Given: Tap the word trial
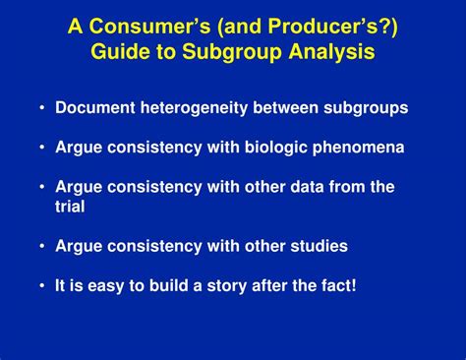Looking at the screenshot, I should [x=71, y=206].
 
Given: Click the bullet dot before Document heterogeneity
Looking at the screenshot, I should [x=43, y=108].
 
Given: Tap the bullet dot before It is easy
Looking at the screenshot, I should [x=43, y=285].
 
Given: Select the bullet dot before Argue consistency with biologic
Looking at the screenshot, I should [x=43, y=148].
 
